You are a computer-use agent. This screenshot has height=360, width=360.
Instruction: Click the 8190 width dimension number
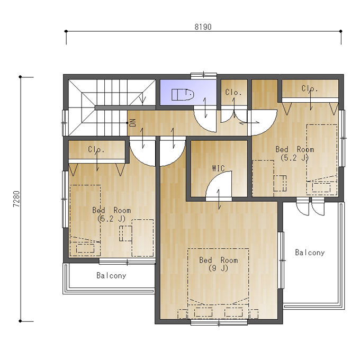tap(203, 27)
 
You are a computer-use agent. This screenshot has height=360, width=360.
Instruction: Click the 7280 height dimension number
tap(16, 199)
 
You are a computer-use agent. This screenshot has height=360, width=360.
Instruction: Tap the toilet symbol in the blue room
tap(183, 95)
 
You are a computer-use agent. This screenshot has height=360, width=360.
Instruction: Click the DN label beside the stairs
tap(133, 123)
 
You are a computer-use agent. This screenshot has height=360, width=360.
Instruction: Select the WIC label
tap(218, 168)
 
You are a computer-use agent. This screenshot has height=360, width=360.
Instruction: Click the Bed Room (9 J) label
tap(218, 264)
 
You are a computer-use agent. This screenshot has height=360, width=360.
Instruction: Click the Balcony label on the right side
tap(310, 253)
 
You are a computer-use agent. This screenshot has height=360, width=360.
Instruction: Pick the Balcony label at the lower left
tap(111, 275)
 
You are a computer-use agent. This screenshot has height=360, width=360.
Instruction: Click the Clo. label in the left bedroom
tap(96, 149)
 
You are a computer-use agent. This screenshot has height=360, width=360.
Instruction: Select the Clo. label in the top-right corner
tap(310, 88)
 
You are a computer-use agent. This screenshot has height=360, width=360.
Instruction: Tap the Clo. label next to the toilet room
tap(233, 92)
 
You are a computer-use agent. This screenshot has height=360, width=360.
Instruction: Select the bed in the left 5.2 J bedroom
tap(85, 220)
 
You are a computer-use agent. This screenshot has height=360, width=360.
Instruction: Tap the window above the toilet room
tap(204, 75)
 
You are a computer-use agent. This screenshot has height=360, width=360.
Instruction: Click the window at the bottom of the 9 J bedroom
tap(219, 323)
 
